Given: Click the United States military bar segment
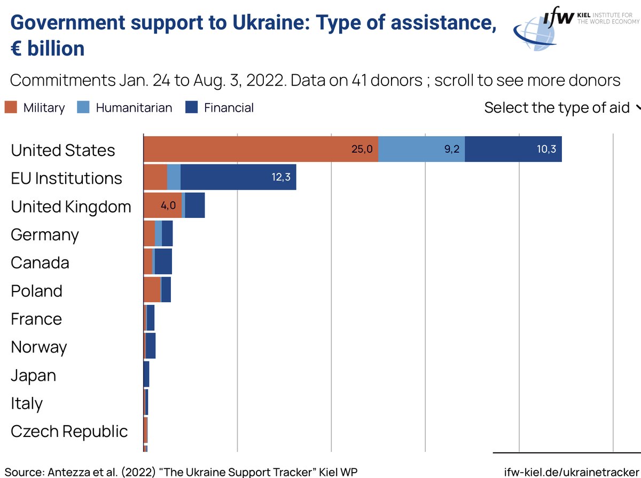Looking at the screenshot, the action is pos(261,149).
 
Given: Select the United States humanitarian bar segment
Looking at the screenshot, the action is pos(421,149).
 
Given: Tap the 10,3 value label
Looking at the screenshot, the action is pos(546,149).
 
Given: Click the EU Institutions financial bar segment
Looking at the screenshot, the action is pos(238,177).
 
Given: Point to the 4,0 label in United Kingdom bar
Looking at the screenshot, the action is pos(168,206).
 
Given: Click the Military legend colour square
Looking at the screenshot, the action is pos(11,107).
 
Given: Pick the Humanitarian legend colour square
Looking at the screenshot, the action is pos(83,107).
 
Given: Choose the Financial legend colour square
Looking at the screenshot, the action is pos(192,107).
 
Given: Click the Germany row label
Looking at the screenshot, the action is pos(45,235).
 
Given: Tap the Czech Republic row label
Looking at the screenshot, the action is pos(69,432).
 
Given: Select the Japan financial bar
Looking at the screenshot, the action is pos(146,374).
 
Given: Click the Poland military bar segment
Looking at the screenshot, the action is pos(152,289).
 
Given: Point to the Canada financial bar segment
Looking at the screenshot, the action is pos(163,262).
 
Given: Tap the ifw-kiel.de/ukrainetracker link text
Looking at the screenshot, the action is pos(572,472).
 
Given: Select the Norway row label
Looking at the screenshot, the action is pos(39,348).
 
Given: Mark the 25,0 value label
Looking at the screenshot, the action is pos(362,149).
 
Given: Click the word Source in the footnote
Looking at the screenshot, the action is pos(25,472).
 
